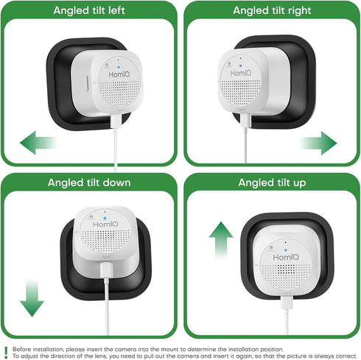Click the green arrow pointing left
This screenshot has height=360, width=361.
(x=38, y=143)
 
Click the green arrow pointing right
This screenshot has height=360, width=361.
(x=318, y=143)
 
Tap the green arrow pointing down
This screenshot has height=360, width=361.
(x=32, y=297)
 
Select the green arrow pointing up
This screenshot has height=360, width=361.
(x=221, y=241)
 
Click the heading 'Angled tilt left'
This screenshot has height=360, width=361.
(x=89, y=10)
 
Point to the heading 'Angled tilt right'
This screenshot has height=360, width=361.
(x=272, y=10)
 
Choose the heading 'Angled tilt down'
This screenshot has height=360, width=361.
(x=89, y=183)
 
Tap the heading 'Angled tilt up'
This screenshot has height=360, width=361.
(x=272, y=183)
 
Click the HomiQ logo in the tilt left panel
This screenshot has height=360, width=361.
(x=119, y=74)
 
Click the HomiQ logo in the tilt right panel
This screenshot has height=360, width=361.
(x=241, y=73)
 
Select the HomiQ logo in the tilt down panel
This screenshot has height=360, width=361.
(x=105, y=225)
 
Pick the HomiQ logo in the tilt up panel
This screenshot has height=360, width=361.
(x=286, y=257)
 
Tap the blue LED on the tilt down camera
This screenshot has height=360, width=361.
(x=105, y=218)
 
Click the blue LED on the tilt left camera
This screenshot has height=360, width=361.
(x=119, y=67)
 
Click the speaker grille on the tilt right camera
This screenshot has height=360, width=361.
(x=241, y=89)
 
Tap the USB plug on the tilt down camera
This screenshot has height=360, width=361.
(x=107, y=270)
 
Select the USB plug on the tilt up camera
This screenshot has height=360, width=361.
(x=287, y=303)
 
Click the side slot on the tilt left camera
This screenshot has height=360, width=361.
(x=86, y=84)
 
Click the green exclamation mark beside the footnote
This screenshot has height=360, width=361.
(x=6, y=353)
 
